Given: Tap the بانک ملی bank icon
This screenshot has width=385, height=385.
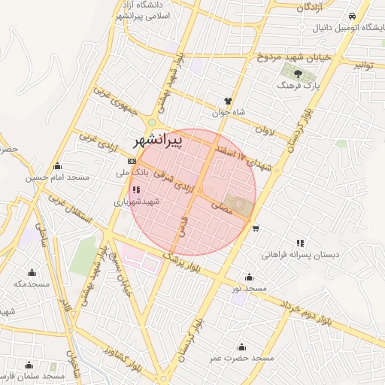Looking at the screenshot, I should tap(132, 161).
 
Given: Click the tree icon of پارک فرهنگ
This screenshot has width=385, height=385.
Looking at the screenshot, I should tap(299, 73).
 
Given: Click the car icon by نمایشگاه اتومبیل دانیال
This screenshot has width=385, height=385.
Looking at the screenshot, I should tap(351, 16).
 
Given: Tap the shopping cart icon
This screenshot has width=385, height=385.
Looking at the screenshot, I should tap(256, 229).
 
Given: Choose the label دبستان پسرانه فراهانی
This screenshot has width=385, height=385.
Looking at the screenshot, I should tap(301, 255).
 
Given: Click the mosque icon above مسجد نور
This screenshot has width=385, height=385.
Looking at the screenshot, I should tap(250, 276).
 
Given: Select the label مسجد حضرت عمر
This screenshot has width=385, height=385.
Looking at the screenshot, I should tap(242, 358).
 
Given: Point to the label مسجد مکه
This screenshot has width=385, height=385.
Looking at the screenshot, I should tap(32, 283).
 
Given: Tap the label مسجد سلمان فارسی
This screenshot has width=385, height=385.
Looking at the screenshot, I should tap(31, 374).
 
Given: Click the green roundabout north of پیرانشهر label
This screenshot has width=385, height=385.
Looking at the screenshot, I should tap(152, 123).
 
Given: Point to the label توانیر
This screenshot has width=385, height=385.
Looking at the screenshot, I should tap(364, 65).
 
